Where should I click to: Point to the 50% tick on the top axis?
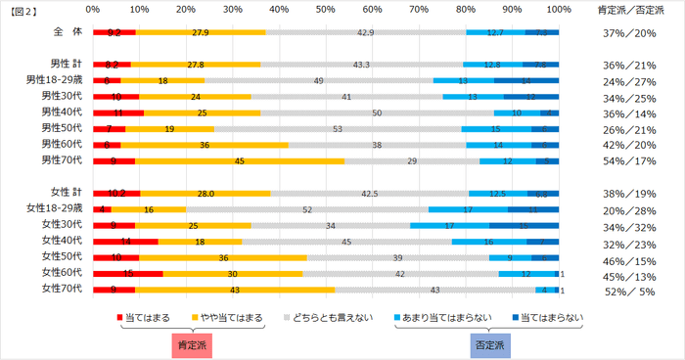(326, 9)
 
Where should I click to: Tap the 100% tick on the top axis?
(559, 9)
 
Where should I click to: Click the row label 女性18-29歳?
(56, 208)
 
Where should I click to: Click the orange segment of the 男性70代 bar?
(240, 159)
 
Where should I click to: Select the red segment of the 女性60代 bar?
(127, 273)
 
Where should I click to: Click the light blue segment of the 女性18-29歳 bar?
(468, 208)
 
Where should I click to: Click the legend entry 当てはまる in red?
(147, 318)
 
